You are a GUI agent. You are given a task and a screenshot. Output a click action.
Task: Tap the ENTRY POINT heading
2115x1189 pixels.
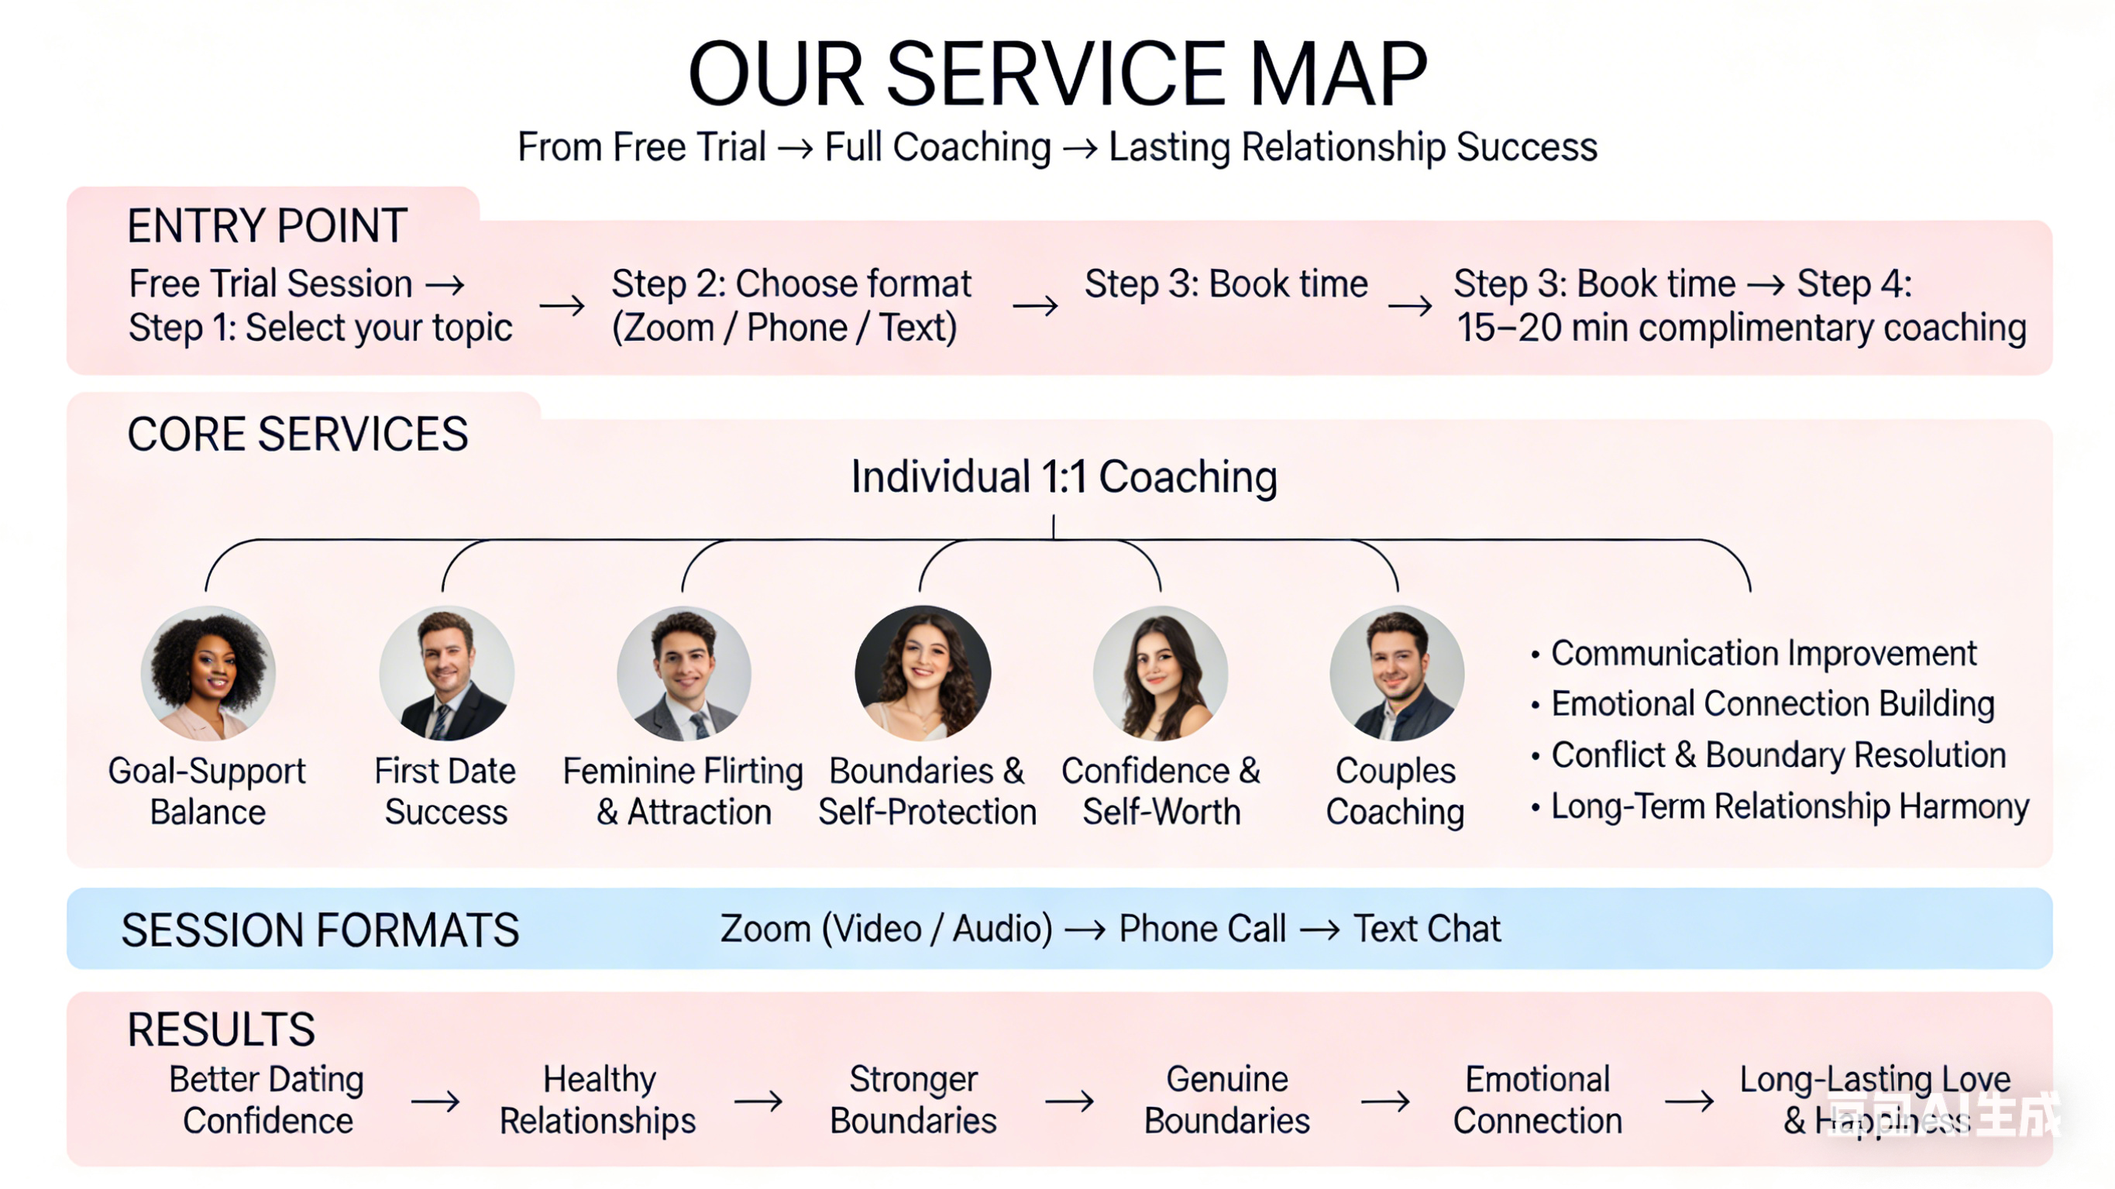pyautogui.click(x=267, y=226)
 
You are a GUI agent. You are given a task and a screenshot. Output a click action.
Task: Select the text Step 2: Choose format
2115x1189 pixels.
pyautogui.click(x=791, y=284)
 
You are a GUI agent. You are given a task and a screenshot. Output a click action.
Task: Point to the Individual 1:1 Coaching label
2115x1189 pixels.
pyautogui.click(x=1063, y=477)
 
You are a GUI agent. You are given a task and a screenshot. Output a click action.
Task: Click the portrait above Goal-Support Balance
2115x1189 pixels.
pyautogui.click(x=208, y=673)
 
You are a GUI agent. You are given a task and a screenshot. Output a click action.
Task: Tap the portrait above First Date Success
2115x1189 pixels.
pyautogui.click(x=447, y=673)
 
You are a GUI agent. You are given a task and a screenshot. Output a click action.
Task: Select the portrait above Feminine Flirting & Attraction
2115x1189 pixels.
pyautogui.click(x=684, y=673)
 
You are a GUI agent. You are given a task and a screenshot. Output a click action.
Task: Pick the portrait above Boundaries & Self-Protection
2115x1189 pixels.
pyautogui.click(x=922, y=673)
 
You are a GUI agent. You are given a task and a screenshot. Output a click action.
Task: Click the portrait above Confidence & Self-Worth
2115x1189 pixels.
pyautogui.click(x=1160, y=673)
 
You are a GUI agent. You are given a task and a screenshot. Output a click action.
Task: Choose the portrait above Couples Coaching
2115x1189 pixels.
pyautogui.click(x=1397, y=673)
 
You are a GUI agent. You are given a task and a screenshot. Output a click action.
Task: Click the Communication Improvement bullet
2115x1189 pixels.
pyautogui.click(x=1762, y=654)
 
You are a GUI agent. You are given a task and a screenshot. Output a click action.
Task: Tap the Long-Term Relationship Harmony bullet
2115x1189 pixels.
pyautogui.click(x=1789, y=806)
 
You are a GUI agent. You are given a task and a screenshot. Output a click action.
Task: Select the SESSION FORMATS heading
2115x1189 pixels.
pyautogui.click(x=320, y=930)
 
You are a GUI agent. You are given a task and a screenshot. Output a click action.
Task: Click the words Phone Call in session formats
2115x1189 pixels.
pyautogui.click(x=1202, y=929)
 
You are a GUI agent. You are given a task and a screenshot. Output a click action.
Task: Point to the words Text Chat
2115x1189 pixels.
pyautogui.click(x=1427, y=929)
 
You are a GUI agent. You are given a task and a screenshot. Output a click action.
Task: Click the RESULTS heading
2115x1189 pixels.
pyautogui.click(x=221, y=1029)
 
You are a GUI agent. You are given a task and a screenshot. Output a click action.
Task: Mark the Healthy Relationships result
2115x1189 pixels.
pyautogui.click(x=598, y=1101)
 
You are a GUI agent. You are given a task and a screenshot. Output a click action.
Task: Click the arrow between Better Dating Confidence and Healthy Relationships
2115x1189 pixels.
pyautogui.click(x=435, y=1101)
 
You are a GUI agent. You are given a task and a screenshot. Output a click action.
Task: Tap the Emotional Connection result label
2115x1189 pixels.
pyautogui.click(x=1537, y=1101)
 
